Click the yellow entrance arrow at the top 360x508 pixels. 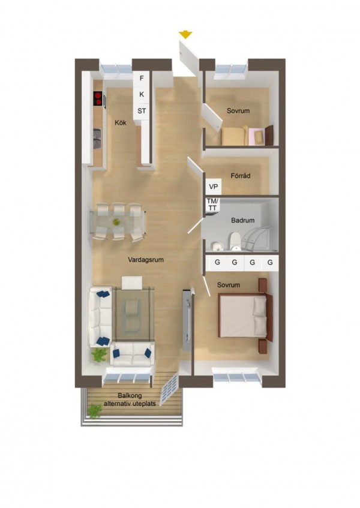[x=185, y=35]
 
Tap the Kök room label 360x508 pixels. [x=121, y=123]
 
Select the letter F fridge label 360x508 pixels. [x=142, y=79]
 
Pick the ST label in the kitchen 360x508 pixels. [x=142, y=111]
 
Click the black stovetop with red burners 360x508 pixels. [x=97, y=98]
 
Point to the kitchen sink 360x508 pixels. [x=97, y=140]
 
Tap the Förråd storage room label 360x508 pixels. [x=240, y=176]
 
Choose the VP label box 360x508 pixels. [x=214, y=187]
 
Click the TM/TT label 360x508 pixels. [x=213, y=204]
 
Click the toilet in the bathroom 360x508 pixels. [x=236, y=239]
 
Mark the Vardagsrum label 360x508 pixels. [x=146, y=260]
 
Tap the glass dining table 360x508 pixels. [x=118, y=223]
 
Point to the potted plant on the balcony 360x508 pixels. [x=94, y=411]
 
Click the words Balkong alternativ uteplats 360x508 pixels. [x=130, y=399]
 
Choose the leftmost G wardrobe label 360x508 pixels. [x=217, y=263]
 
